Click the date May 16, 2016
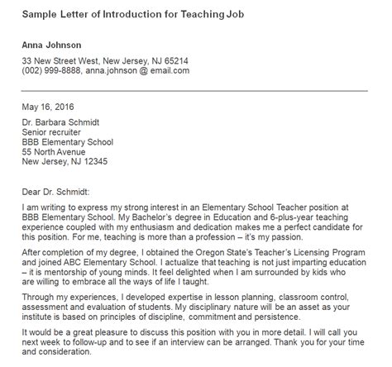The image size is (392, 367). coord(48,107)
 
